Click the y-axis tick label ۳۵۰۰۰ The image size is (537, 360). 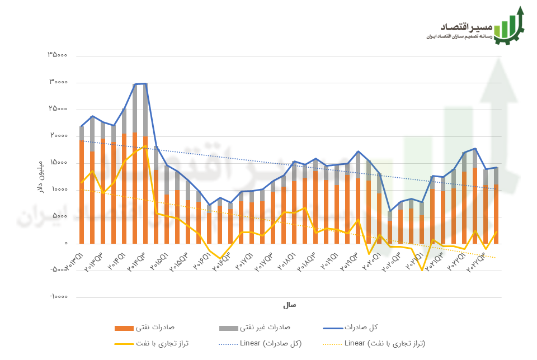(58, 55)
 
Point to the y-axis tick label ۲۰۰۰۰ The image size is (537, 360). (58, 136)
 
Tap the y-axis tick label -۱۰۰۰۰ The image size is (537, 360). (56, 297)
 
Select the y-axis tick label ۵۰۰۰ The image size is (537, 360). (60, 216)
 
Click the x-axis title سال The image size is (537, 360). (289, 305)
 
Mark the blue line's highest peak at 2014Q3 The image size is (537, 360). (145, 84)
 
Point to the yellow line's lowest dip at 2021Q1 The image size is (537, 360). (422, 271)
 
